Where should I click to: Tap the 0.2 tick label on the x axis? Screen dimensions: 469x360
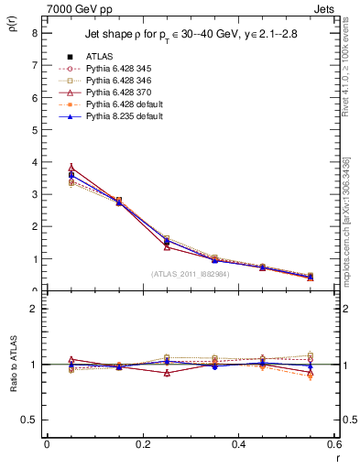(142, 444)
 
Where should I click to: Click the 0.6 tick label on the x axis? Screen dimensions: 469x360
(333, 444)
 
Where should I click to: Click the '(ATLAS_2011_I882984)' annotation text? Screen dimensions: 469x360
(190, 273)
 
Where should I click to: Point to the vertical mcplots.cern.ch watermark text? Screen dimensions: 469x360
(346, 220)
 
